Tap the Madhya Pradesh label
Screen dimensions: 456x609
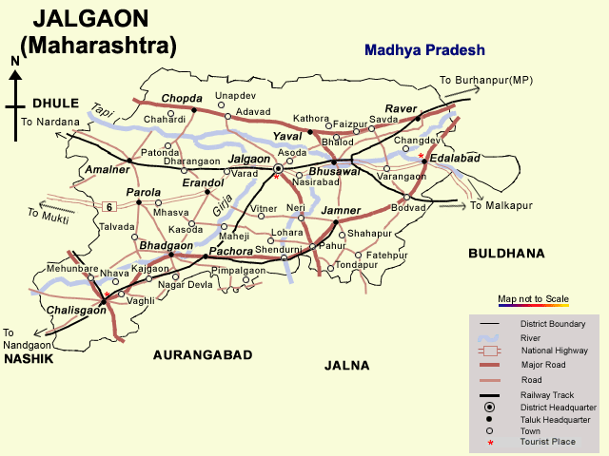tap(424, 50)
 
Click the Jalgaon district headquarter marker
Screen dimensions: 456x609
tap(279, 168)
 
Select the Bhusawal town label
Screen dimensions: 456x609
tap(335, 171)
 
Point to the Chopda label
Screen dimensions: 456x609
tap(182, 98)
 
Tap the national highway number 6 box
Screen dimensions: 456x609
tap(109, 206)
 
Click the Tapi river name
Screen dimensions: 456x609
tap(103, 111)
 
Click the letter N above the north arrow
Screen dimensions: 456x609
tap(14, 62)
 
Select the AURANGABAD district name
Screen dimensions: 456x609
tap(203, 354)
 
